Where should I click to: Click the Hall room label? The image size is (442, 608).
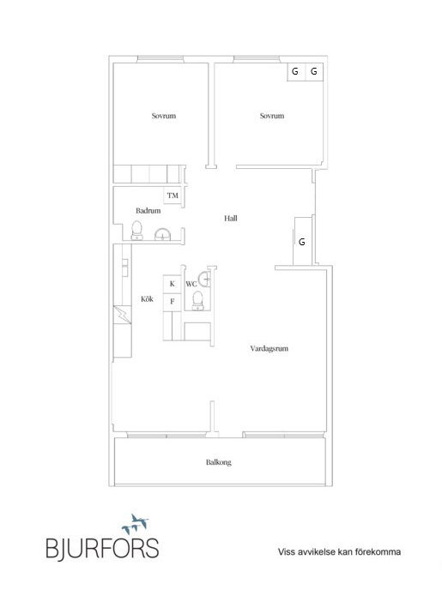point(231,219)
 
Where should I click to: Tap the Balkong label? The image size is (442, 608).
point(219,462)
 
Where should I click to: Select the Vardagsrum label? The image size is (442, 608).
point(269,348)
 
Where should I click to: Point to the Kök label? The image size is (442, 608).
point(147,299)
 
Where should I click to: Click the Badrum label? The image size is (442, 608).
point(148,211)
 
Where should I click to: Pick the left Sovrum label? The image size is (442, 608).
point(163,116)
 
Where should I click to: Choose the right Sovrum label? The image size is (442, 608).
point(272,116)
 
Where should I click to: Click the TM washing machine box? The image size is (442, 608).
point(173,196)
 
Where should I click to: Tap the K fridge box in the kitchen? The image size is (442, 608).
point(172,284)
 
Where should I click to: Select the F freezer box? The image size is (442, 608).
point(172,302)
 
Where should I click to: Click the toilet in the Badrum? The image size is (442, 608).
point(137,231)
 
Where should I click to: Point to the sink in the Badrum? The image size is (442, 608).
point(162,235)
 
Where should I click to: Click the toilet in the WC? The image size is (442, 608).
point(198,300)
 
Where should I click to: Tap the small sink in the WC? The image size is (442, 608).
point(204,279)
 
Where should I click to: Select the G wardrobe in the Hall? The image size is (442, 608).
point(302,242)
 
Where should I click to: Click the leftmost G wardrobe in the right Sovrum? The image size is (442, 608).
point(296,72)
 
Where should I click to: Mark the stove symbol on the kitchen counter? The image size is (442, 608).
point(122,315)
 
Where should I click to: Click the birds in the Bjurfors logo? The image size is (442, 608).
point(135,524)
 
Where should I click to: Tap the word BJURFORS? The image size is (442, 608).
point(102,548)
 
